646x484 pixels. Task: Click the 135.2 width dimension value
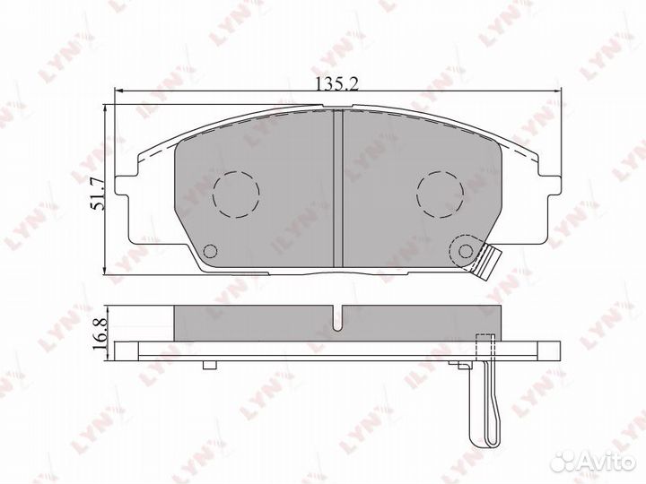click(337, 83)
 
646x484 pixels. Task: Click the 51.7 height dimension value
click(99, 194)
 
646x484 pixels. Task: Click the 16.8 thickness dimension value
click(100, 333)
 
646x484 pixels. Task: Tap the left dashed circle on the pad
click(236, 194)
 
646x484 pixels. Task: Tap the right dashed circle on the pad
click(440, 194)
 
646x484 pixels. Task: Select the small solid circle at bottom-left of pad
click(211, 251)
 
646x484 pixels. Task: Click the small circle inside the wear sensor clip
click(466, 251)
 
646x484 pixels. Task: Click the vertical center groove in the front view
click(338, 188)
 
